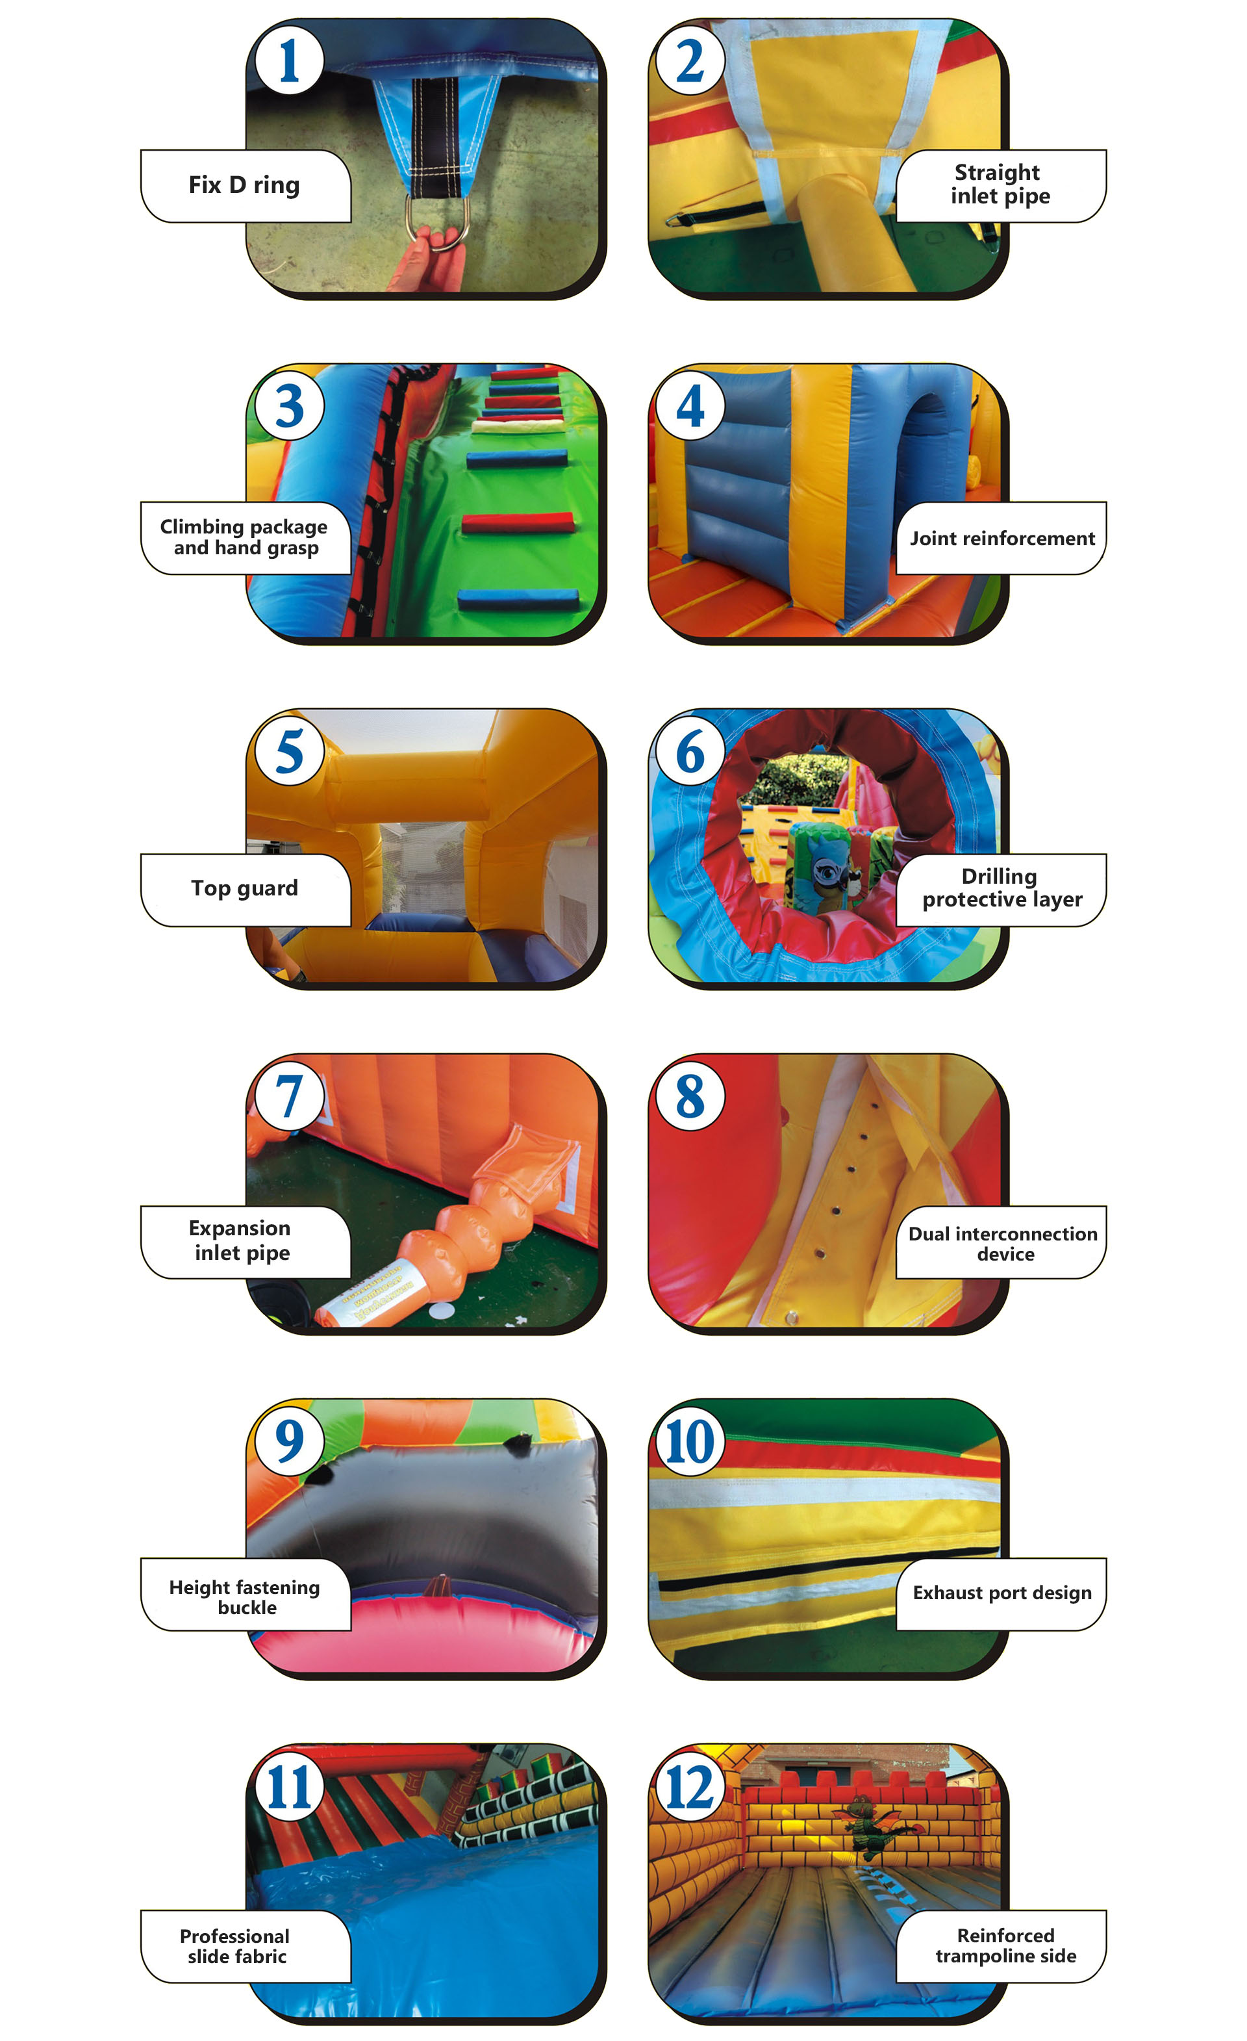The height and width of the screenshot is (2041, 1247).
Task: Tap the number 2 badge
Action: (689, 60)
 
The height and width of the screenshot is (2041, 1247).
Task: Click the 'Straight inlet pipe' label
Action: (1000, 185)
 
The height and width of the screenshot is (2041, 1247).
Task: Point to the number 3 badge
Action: (289, 406)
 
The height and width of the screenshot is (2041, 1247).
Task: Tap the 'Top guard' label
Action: (245, 889)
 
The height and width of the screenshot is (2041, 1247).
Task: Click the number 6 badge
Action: (689, 751)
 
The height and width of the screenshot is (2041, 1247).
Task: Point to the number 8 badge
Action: (689, 1097)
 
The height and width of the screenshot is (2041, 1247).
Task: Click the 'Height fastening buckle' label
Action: (245, 1595)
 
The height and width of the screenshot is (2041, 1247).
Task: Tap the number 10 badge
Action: (689, 1442)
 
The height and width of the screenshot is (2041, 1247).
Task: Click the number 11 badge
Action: (289, 1788)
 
